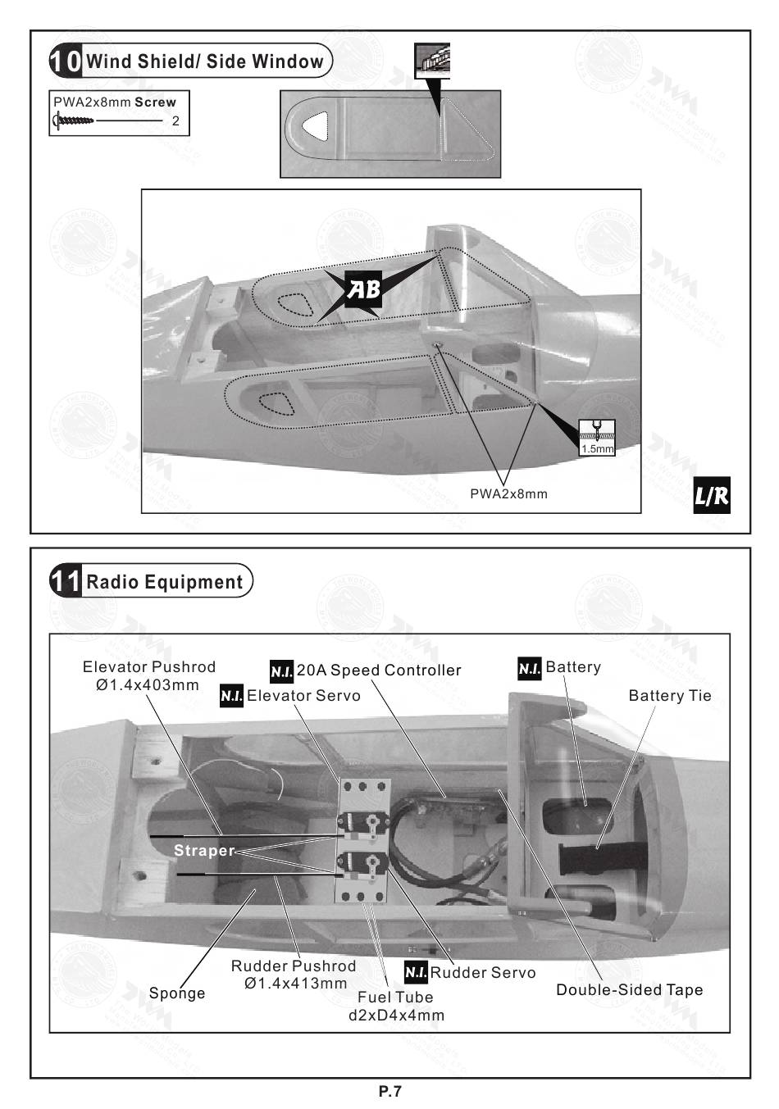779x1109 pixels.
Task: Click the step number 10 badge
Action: (66, 61)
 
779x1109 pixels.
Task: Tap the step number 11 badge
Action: (66, 581)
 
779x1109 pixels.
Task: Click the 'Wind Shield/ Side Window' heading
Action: (205, 61)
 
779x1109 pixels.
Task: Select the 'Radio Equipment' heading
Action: (165, 582)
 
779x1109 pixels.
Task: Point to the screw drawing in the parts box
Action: (74, 120)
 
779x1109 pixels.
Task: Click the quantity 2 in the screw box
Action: (175, 121)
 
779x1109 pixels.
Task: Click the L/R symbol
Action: (711, 495)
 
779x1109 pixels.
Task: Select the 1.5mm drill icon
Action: (596, 437)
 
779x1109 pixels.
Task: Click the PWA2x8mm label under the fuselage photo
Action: (508, 494)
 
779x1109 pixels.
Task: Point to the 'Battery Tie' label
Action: (670, 696)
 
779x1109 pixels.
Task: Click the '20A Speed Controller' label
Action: (379, 670)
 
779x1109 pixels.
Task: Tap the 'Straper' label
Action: (204, 851)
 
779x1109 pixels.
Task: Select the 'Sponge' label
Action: (177, 993)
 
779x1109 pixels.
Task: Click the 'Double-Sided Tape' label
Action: (630, 989)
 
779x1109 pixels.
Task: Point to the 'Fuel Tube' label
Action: (395, 998)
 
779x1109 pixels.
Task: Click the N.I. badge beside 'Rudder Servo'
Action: (416, 972)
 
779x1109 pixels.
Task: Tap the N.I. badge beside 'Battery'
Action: (530, 668)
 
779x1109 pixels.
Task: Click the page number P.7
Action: (390, 1092)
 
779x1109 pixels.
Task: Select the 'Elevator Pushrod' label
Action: (149, 667)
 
